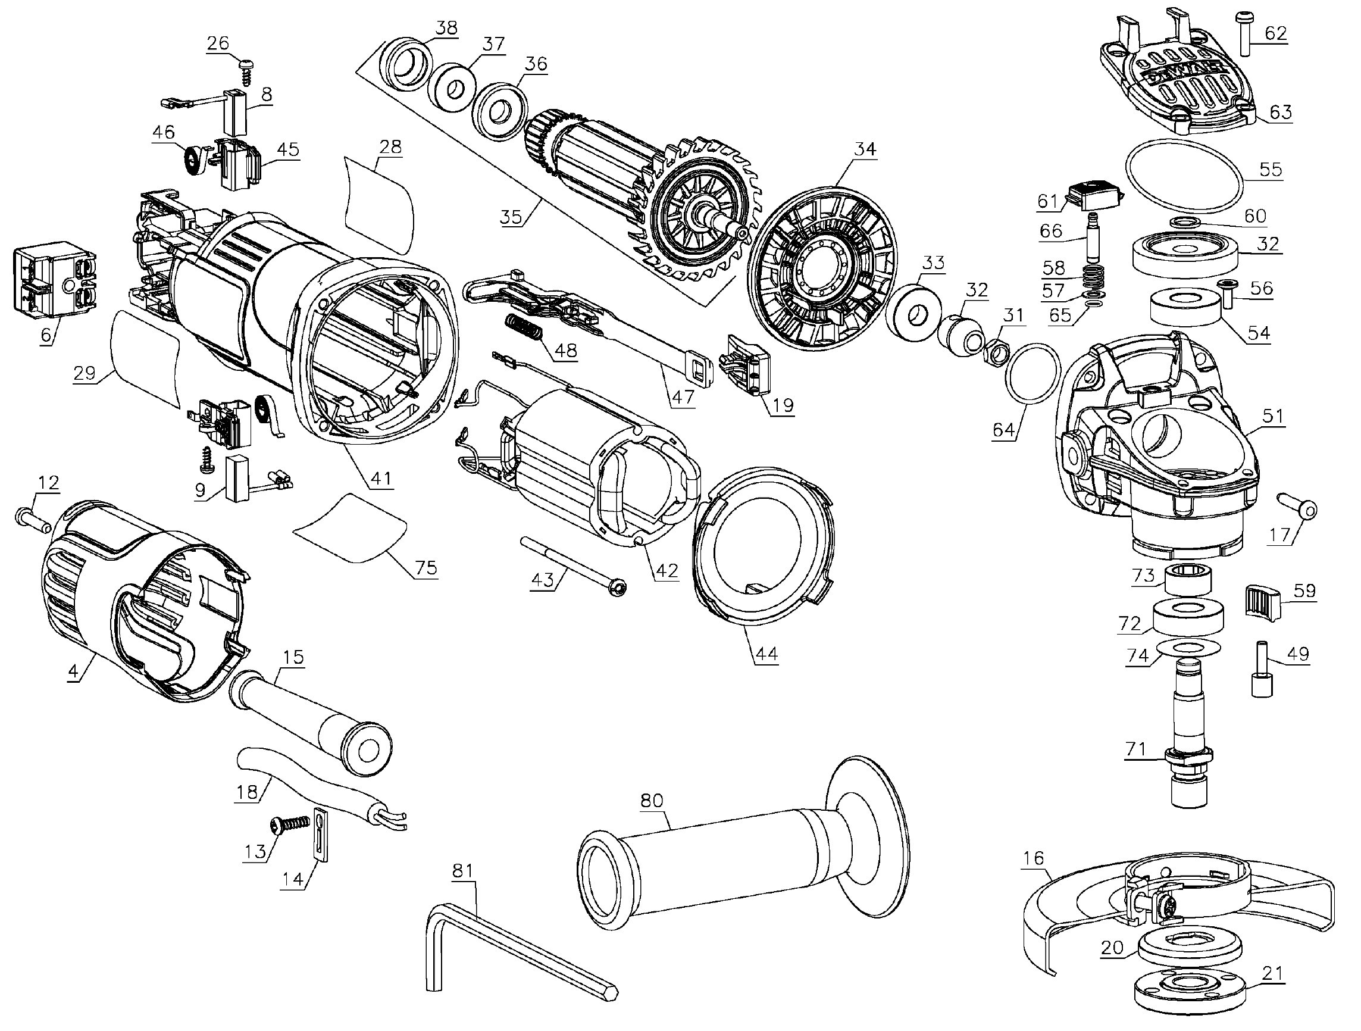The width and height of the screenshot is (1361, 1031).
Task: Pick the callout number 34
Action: tap(865, 149)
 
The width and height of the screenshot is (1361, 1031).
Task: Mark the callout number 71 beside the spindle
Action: tap(1135, 749)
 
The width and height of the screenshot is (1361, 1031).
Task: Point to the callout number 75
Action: tap(425, 567)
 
